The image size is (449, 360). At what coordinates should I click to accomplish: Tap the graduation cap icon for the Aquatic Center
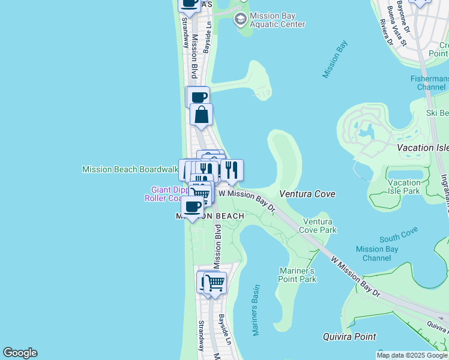coord(241,19)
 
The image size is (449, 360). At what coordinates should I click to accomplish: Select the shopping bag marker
coord(202,114)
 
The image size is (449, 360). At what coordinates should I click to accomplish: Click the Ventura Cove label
coord(307,194)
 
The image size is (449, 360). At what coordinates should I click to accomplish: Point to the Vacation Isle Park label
coord(404,187)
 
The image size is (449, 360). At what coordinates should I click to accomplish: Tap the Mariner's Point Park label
coord(298,275)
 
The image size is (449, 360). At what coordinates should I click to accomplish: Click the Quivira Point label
coord(349,337)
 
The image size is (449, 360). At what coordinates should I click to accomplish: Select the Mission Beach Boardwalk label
coord(130,169)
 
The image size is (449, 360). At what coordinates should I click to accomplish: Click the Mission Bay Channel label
coord(377,253)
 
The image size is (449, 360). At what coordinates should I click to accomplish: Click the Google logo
coord(20,353)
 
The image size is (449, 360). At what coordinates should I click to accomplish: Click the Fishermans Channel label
coord(429,83)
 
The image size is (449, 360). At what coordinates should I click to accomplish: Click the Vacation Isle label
coord(423,148)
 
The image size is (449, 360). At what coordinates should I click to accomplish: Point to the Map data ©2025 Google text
coord(412,355)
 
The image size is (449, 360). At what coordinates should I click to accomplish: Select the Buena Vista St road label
coord(397,18)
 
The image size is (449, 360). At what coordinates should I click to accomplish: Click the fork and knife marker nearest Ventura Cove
coord(232,170)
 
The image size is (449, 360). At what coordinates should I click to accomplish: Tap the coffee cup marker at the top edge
coord(189,3)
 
